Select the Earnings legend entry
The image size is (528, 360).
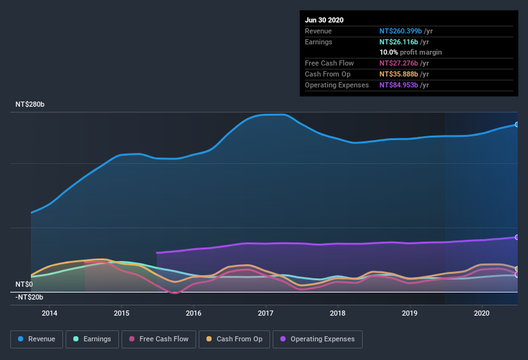pos(91,339)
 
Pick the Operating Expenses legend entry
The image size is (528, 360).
pos(318,339)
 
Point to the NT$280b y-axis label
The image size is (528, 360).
pos(30,104)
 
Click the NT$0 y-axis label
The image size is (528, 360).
pos(24,284)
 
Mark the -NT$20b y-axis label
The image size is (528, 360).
pos(29,296)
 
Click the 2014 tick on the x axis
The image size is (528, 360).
pos(50,313)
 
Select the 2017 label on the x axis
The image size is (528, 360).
pos(266,313)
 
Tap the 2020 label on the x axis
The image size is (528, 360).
pos(482,313)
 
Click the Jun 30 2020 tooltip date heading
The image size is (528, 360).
pos(324,20)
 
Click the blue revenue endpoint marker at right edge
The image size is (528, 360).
pos(517,124)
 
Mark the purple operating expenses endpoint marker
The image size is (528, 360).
pos(517,237)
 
